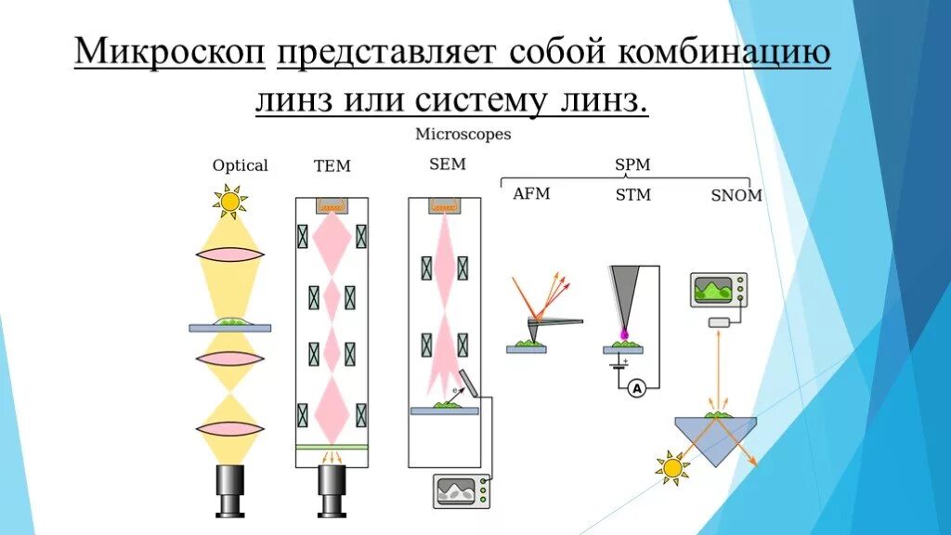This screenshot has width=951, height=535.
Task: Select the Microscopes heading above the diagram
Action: click(x=462, y=135)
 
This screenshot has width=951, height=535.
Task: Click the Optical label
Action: click(x=240, y=165)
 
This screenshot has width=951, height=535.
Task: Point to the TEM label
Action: click(x=332, y=166)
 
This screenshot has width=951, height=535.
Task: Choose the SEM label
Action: click(x=447, y=164)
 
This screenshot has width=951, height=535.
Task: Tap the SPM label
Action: click(x=632, y=164)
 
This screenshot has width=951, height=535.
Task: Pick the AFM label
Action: click(x=531, y=194)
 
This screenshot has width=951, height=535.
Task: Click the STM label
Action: click(x=632, y=195)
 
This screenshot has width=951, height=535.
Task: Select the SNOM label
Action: click(x=736, y=195)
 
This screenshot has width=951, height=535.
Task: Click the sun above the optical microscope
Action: click(x=228, y=199)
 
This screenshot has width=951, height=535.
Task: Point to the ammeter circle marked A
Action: click(x=638, y=390)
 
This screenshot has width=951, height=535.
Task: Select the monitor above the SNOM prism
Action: click(x=718, y=290)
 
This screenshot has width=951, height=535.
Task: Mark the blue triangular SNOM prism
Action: click(x=715, y=438)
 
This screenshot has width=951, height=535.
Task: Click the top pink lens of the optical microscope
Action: click(x=230, y=254)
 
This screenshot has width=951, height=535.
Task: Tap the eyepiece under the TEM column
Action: click(x=332, y=489)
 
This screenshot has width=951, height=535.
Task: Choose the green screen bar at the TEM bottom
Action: click(x=332, y=448)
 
